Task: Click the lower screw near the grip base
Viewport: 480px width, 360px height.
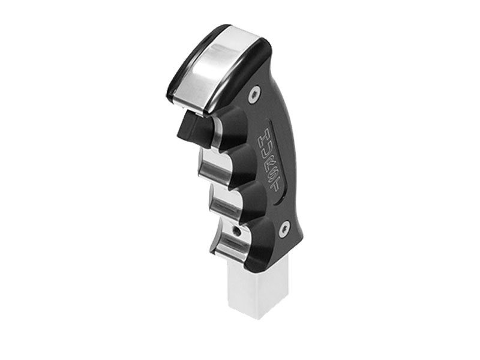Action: [285, 227]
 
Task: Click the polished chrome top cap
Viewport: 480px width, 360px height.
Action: [218, 65]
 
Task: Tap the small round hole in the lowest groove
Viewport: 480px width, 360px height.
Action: [238, 230]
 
